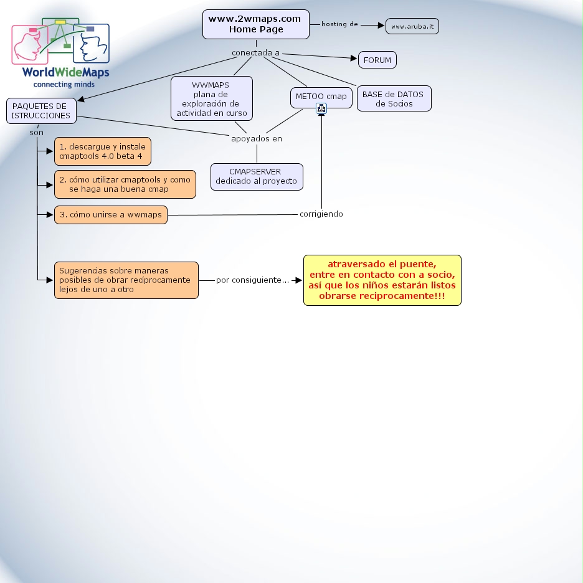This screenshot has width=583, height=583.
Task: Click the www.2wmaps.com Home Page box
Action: pos(255,24)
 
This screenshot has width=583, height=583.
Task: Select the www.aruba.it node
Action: pos(412,26)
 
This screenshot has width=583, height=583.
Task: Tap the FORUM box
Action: pos(377,60)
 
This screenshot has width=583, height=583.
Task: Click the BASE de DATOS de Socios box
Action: pos(394,98)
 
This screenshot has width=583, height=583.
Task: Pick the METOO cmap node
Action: pos(321,97)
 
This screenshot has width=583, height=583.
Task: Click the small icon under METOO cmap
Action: pos(321,108)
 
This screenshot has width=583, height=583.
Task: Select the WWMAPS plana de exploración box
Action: pos(212,98)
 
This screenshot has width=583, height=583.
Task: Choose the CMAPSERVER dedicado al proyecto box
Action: pos(257,176)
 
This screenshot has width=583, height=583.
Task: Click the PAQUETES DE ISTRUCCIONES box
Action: pos(41,111)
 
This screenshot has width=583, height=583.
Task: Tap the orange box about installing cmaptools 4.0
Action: pos(103,151)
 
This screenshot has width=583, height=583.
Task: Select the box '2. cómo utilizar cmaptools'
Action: pos(125,184)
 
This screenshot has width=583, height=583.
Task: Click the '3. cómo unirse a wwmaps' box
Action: pos(111,215)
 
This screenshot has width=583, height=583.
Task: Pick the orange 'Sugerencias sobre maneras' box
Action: pos(126,280)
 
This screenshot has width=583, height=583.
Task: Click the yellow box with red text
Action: pos(382,280)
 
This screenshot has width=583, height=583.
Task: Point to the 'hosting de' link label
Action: pos(339,24)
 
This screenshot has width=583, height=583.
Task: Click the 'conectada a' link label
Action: pos(255,53)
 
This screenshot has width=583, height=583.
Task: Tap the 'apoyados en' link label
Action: pos(257,138)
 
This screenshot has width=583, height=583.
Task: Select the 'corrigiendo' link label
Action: pos(321,214)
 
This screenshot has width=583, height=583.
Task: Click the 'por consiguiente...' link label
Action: pos(252,280)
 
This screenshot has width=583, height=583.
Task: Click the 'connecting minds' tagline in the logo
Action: pos(64,83)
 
